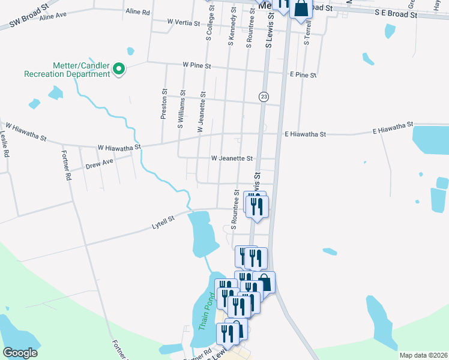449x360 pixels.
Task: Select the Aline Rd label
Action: click(137, 11)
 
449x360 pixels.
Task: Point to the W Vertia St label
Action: click(183, 22)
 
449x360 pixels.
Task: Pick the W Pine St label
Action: click(197, 65)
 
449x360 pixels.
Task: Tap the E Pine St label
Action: click(303, 75)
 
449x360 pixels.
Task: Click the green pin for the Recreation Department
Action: click(119, 70)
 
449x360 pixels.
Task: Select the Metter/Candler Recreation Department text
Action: click(67, 70)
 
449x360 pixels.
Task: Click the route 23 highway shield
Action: click(264, 97)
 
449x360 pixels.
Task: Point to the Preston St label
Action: click(163, 104)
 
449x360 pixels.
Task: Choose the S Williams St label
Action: click(180, 110)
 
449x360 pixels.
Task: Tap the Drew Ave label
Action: click(99, 163)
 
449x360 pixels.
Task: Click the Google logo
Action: click(20, 352)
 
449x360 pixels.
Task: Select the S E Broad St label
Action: click(395, 12)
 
